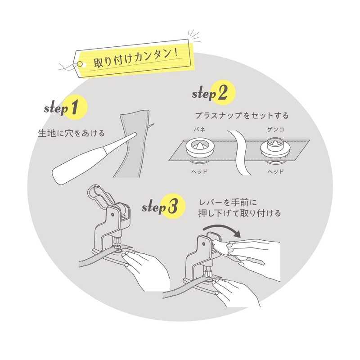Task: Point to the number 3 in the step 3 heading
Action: tap(172, 207)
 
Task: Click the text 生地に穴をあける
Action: tap(72, 133)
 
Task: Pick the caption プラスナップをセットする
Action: tap(241, 116)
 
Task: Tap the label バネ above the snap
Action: tap(199, 129)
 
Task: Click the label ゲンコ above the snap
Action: tap(274, 129)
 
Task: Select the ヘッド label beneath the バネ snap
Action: tap(199, 172)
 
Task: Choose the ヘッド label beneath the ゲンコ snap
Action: tap(274, 172)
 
